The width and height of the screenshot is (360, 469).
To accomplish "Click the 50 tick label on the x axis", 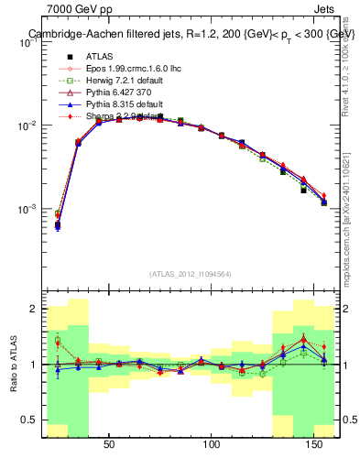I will coord(109,444).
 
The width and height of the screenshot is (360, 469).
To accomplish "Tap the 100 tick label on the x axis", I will coord(213,444).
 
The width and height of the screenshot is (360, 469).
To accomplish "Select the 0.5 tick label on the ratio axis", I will coord(28,420).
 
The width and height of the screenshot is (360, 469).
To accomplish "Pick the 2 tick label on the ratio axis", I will coord(33,310).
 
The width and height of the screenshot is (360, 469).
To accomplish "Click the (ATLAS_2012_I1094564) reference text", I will coord(191,274).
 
